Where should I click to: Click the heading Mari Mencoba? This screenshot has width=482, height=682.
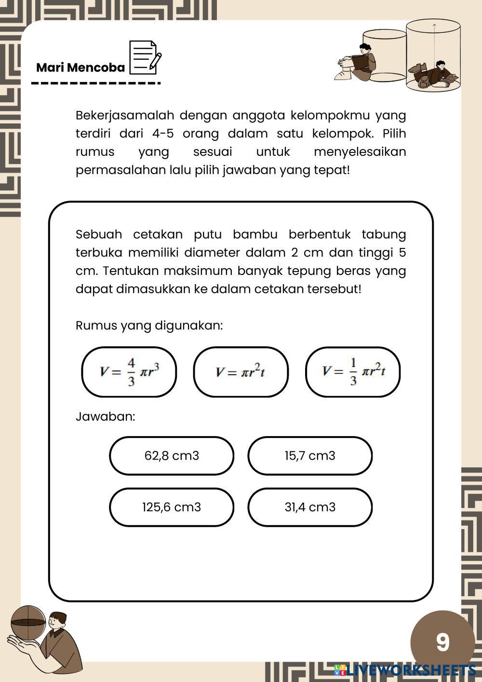(80, 68)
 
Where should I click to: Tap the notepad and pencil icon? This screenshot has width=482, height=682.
(145, 58)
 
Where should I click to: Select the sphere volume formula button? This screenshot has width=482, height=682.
(129, 372)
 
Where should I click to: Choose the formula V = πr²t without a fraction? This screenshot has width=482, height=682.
(241, 372)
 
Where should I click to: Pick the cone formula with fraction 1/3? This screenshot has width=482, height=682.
(353, 372)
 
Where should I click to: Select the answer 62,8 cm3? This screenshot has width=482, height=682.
(172, 456)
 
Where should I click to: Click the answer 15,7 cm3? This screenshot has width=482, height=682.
(310, 456)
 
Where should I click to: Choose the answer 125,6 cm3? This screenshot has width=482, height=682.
(172, 507)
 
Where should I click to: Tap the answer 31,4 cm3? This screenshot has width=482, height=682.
(310, 507)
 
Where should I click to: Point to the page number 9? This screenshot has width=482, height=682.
(442, 642)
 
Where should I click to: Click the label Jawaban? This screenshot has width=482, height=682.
(106, 416)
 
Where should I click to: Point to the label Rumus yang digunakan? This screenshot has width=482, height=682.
(149, 326)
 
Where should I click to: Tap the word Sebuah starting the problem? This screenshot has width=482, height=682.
(99, 235)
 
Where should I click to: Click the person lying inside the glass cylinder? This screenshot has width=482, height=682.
(434, 75)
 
